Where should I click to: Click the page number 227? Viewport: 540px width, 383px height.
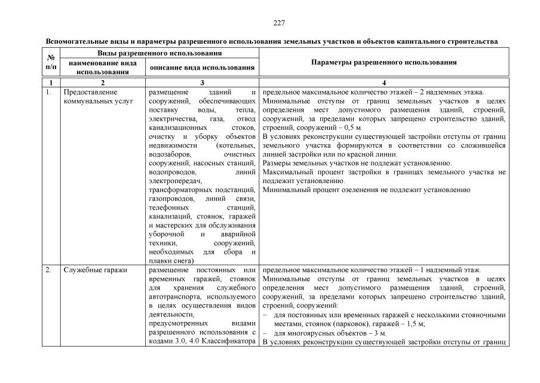270,23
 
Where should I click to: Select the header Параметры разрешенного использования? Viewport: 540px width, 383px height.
384,62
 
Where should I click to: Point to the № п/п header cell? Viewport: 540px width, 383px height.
51,62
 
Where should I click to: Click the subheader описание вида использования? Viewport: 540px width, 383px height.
202,68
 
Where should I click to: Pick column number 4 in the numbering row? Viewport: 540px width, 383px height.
384,82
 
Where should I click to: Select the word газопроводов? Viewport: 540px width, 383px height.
170,199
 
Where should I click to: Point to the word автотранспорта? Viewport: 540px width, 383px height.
177,297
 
